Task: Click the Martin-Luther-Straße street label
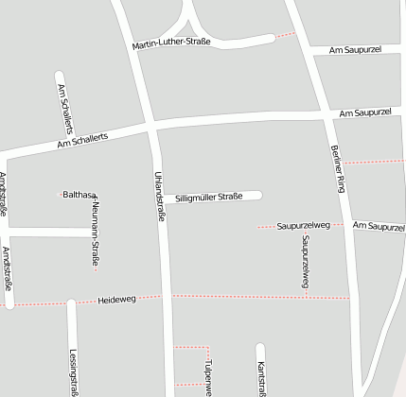coord(171,43)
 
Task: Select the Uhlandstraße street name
coord(160,196)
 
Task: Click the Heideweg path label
coord(117,300)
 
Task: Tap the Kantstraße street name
coord(260,376)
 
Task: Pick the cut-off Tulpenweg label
coord(207,376)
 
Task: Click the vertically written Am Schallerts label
coord(64,107)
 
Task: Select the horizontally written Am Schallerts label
coord(82,138)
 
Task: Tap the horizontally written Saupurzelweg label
coord(303,226)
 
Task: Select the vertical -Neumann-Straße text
coord(95,232)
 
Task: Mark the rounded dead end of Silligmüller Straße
coord(257,196)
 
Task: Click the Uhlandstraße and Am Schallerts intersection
coord(151,125)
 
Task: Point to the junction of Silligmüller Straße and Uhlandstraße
coord(160,197)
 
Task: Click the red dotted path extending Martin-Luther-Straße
coord(284,36)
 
